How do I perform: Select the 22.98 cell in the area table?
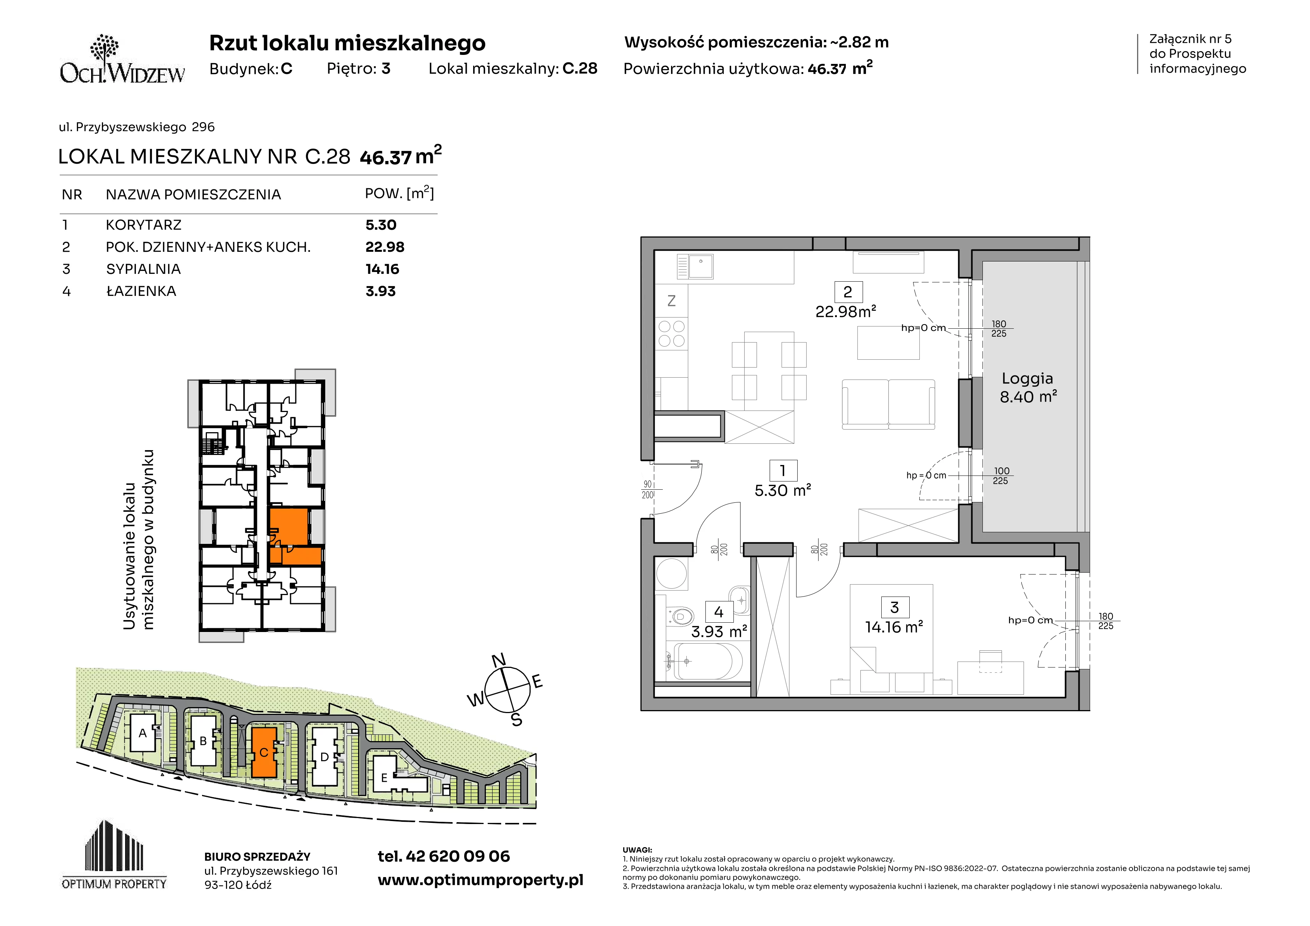385,247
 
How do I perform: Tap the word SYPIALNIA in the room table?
143,269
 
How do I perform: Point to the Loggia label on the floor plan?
1028,378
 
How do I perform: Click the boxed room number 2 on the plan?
848,292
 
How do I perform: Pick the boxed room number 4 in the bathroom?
719,612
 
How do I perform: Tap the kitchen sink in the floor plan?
695,266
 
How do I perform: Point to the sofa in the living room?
888,405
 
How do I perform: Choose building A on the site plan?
143,733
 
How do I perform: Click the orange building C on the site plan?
264,752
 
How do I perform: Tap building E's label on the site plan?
384,778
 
